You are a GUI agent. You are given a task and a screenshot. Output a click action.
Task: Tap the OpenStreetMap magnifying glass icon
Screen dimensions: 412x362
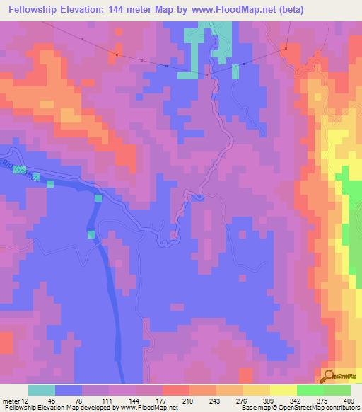329,375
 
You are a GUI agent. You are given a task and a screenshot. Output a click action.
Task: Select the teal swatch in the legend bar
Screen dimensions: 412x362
42,390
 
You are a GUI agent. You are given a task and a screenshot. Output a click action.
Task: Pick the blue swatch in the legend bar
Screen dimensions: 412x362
69,390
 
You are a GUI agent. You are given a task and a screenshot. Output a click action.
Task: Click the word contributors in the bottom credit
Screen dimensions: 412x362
341,408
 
